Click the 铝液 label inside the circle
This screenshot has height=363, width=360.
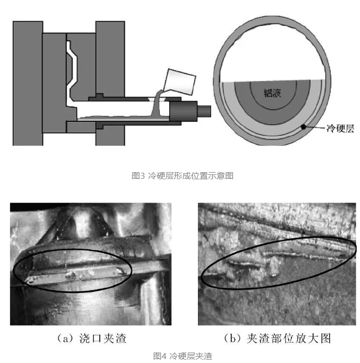(x=272, y=93)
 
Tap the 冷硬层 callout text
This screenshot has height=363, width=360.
(x=340, y=128)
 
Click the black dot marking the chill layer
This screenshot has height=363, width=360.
(x=303, y=127)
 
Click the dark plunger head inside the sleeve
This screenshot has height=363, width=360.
(x=183, y=111)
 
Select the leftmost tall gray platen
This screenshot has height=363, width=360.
(x=28, y=83)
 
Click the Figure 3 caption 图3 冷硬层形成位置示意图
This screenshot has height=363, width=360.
(x=182, y=176)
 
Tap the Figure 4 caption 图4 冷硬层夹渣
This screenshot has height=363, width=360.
(x=182, y=356)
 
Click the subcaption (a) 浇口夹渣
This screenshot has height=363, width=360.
(x=92, y=338)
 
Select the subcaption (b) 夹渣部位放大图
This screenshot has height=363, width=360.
(x=277, y=338)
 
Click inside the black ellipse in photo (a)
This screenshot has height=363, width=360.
(x=72, y=270)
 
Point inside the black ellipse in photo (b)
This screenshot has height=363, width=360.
(x=278, y=262)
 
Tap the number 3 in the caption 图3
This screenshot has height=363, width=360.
(x=143, y=176)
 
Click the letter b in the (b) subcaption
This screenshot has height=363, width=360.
(x=233, y=339)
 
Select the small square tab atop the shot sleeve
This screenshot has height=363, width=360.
(x=99, y=95)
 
